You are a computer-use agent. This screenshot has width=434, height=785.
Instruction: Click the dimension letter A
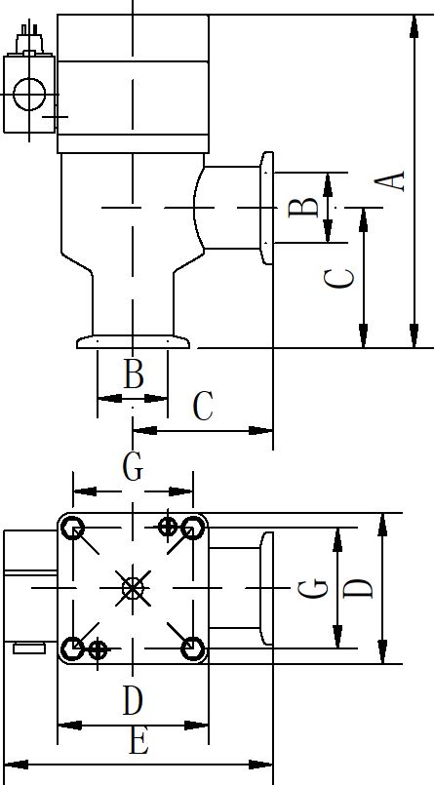click(x=390, y=180)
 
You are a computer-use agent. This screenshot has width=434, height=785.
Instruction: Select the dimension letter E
click(x=138, y=741)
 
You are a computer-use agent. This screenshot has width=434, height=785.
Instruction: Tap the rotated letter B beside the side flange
click(x=303, y=208)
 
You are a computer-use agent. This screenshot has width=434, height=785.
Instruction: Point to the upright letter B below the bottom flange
click(x=134, y=374)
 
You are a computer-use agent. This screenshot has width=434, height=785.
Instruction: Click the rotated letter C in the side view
click(x=339, y=278)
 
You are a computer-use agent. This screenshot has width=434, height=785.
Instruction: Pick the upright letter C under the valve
click(x=203, y=407)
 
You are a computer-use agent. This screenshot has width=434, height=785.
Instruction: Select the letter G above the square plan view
click(x=133, y=468)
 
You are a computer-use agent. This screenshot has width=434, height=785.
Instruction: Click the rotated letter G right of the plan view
click(x=313, y=588)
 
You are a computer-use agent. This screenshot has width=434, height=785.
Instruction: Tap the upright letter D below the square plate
click(x=134, y=701)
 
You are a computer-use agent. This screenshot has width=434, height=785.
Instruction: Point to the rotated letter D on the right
click(x=358, y=589)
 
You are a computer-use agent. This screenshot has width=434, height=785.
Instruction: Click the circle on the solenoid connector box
click(x=29, y=95)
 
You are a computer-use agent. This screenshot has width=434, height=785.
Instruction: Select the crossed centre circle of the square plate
click(x=133, y=588)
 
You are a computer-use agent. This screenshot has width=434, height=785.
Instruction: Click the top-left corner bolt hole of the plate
click(x=73, y=528)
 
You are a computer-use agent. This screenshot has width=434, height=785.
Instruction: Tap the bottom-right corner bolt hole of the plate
click(x=192, y=648)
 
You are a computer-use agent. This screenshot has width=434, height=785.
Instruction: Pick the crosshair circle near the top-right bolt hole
click(x=168, y=527)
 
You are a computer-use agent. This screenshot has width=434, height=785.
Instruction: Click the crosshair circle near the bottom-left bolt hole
click(x=98, y=650)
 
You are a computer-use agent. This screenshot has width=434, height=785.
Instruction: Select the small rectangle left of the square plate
click(x=29, y=648)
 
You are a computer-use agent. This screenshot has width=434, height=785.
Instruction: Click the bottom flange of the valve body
click(x=134, y=342)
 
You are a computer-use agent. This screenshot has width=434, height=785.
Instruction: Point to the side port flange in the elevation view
click(x=267, y=208)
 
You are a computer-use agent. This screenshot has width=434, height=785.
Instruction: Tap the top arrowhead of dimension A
click(x=414, y=26)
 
